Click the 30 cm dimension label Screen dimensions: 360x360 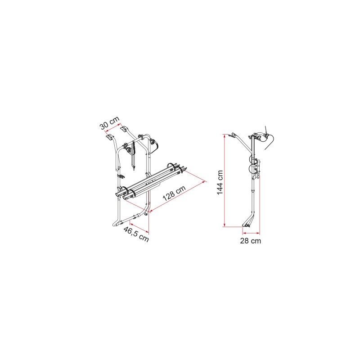(110, 123)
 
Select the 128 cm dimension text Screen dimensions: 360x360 (174, 193)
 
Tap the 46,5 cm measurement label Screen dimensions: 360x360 (136, 234)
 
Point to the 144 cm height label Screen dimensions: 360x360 (220, 182)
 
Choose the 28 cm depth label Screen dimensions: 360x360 (251, 241)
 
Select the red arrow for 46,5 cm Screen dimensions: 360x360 (139, 228)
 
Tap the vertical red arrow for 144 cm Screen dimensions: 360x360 (224, 181)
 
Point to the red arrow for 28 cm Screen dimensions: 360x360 (251, 233)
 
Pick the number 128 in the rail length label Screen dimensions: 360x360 (169, 196)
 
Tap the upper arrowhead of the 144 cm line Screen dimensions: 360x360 (224, 136)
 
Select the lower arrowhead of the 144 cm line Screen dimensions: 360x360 (224, 225)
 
